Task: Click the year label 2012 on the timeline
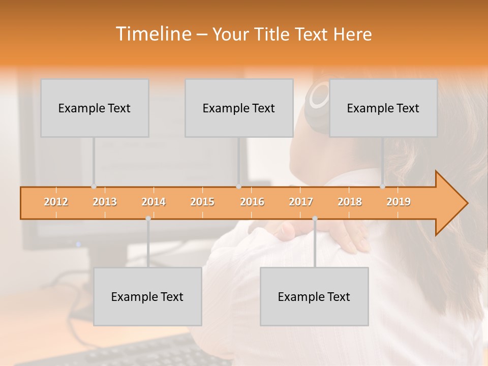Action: pos(56,202)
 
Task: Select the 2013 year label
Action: pos(105,202)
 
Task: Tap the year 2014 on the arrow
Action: pos(154,202)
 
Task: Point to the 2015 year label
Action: pos(202,202)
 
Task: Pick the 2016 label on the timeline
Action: pos(252,202)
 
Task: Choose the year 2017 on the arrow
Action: pos(301,202)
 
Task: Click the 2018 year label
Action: pos(350,202)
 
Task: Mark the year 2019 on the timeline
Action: pos(399,202)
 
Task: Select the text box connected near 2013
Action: pos(95,108)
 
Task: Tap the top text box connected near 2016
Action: pos(239,108)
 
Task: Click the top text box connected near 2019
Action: pos(383,108)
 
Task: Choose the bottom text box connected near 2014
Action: pos(147,296)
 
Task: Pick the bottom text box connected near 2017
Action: pos(314,296)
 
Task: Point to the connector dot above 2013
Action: pos(94,187)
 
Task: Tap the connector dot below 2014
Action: pos(148,219)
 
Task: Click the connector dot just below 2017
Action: pos(315,219)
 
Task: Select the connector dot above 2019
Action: pos(382,187)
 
